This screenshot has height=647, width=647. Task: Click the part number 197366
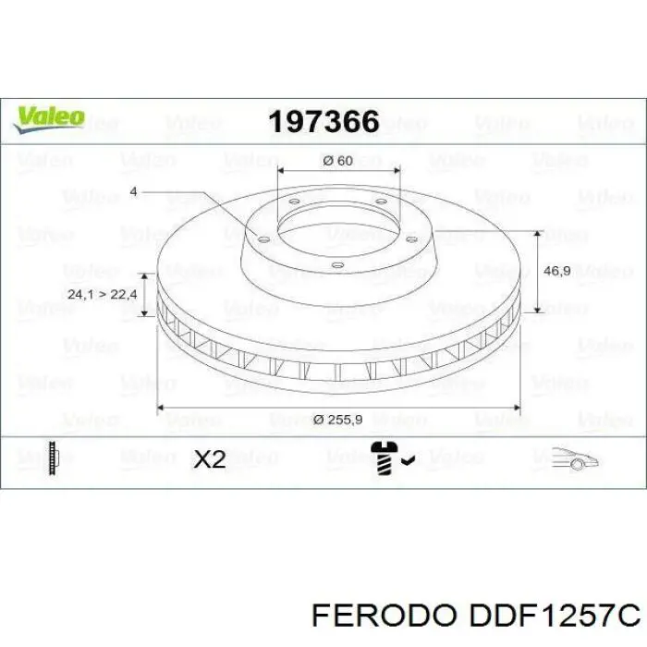tap(323, 121)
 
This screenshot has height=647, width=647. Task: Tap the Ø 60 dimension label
tap(338, 161)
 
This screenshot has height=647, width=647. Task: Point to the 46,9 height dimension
tap(556, 272)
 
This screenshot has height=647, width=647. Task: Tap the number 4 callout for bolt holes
tap(133, 191)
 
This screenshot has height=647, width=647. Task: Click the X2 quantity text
tap(210, 459)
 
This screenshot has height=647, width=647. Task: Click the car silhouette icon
tap(574, 458)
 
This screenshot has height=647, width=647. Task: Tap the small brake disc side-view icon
tap(55, 458)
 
